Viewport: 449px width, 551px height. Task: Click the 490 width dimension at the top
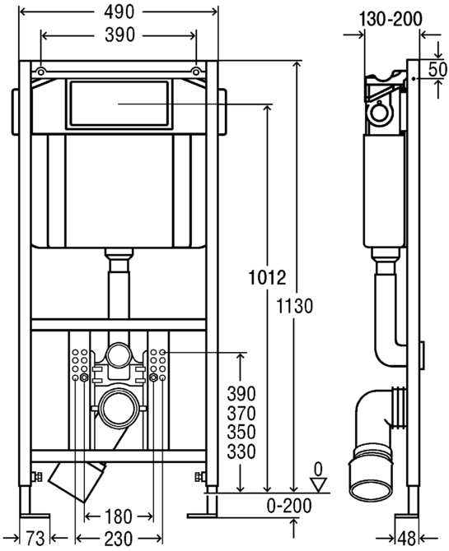(119, 12)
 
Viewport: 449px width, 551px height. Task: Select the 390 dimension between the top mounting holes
(119, 35)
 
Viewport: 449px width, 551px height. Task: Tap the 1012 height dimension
(267, 278)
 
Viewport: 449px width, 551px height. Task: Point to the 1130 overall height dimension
(294, 306)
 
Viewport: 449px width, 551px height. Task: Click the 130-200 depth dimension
(391, 19)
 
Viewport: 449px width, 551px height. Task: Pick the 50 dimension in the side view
(437, 70)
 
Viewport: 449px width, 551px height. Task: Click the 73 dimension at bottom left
(35, 539)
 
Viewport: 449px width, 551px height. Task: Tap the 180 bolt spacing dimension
(119, 516)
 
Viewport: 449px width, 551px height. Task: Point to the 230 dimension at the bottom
(119, 539)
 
